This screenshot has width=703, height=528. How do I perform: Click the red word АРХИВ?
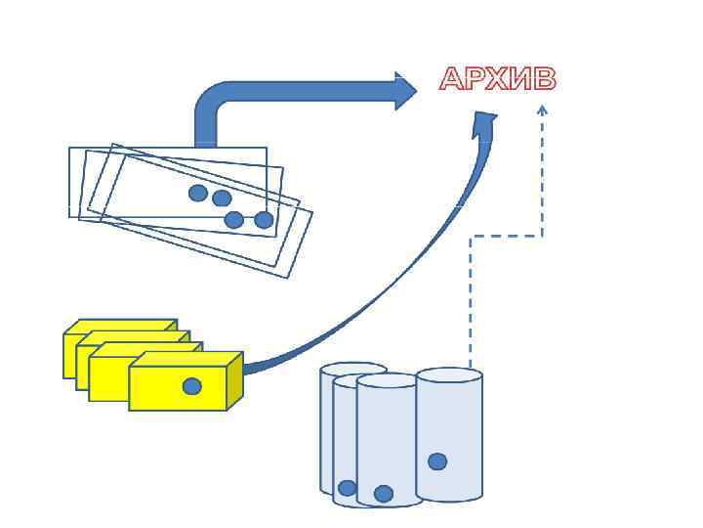tap(497, 79)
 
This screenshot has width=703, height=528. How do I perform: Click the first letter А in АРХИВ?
tap(452, 79)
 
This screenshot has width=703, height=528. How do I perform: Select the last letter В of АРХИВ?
tap(544, 79)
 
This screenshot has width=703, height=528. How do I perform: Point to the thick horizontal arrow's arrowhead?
tap(405, 90)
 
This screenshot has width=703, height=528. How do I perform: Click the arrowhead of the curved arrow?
tap(484, 123)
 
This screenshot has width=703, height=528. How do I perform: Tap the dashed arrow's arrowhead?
tap(542, 110)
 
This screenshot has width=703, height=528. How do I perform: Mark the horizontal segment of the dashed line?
tap(507, 236)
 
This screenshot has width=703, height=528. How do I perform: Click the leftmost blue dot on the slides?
tap(198, 193)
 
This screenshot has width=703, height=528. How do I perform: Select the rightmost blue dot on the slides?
tap(264, 220)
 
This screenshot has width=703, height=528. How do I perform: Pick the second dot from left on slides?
tap(222, 198)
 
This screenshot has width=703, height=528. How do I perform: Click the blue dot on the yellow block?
tap(192, 386)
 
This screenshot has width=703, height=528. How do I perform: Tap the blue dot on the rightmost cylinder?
tap(437, 462)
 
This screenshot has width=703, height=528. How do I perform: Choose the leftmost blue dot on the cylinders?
tap(347, 488)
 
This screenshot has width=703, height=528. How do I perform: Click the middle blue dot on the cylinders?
tap(384, 494)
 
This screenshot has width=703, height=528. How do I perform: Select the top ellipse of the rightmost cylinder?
tap(449, 374)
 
